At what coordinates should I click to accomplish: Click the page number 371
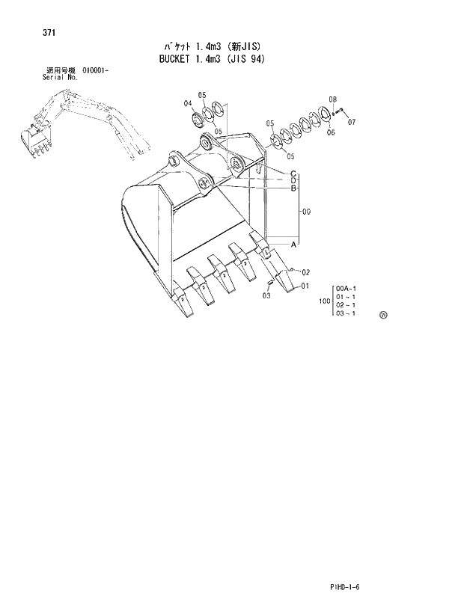[x=32, y=33]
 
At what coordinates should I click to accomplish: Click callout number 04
[x=188, y=105]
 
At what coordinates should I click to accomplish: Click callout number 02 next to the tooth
[x=305, y=272]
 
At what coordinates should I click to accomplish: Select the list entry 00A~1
[x=346, y=288]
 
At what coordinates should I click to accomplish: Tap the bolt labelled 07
[x=341, y=112]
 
